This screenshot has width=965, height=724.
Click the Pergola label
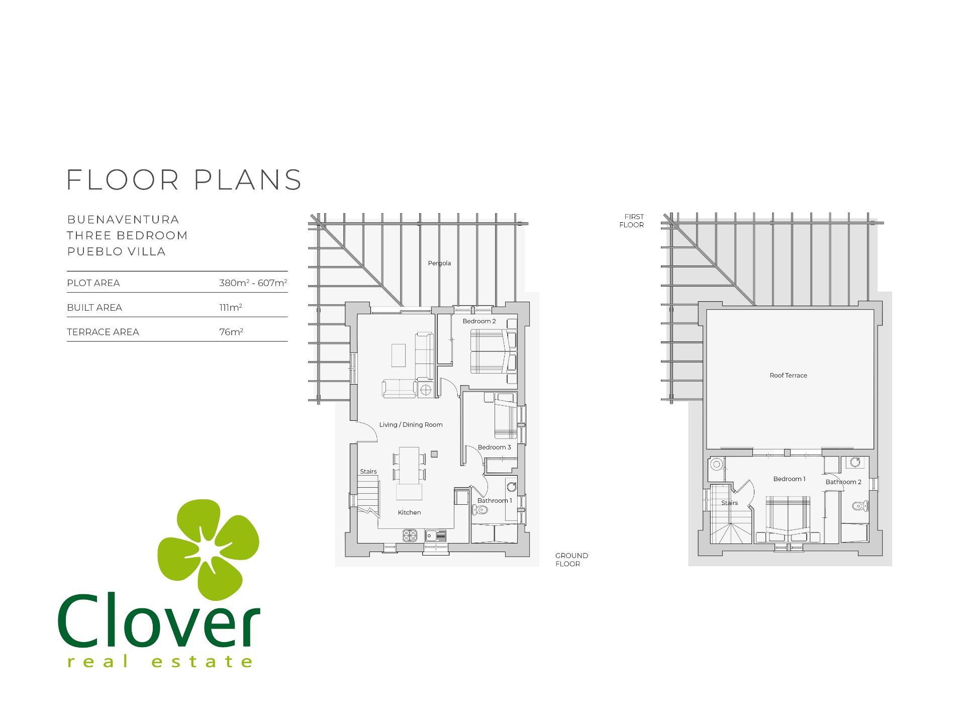[439, 263]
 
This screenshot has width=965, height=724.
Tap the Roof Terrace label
[788, 375]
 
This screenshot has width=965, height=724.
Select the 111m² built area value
[231, 307]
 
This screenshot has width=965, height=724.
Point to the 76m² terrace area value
[231, 332]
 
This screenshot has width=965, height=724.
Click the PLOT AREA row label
[93, 283]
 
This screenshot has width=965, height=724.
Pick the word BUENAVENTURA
[123, 220]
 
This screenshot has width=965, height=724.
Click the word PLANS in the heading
[248, 179]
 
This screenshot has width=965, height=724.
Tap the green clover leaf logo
[208, 549]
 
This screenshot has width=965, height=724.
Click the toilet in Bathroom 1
[480, 510]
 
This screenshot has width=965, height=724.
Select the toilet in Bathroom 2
[860, 506]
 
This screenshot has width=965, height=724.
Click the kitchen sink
[435, 535]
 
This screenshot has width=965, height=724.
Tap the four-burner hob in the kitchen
[410, 535]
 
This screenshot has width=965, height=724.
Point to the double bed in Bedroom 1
[788, 519]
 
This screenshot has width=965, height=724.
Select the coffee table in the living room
[399, 355]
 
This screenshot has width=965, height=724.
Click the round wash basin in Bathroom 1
[512, 486]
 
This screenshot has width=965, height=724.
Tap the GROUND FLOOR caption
[571, 560]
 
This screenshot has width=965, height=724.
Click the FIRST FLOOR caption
[632, 221]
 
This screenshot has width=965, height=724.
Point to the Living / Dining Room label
[411, 424]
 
